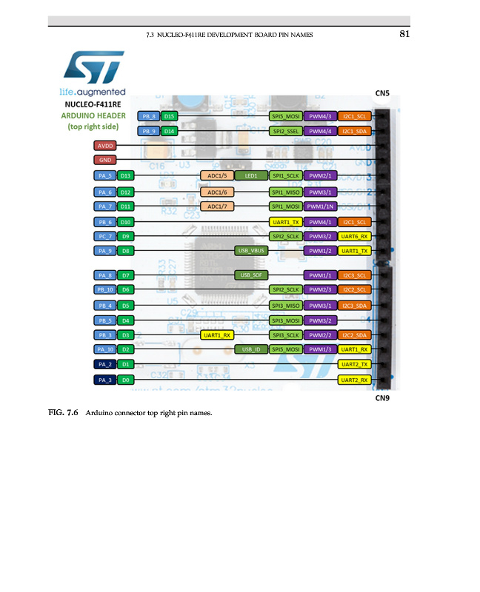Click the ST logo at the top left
point(93,68)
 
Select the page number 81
point(404,34)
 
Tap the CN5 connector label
point(382,93)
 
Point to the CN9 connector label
point(382,397)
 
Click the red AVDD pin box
point(104,146)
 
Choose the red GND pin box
point(104,160)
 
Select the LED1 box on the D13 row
point(250,175)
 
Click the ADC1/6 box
point(218,192)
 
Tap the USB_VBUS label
point(250,251)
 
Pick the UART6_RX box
point(354,236)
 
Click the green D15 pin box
point(170,116)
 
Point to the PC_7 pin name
point(104,236)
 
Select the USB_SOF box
point(250,275)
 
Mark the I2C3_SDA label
point(354,305)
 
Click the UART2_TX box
point(354,365)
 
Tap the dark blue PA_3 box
point(104,380)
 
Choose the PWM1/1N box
point(320,206)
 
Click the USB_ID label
point(250,349)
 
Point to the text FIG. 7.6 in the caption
point(64,412)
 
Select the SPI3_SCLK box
point(285,335)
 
